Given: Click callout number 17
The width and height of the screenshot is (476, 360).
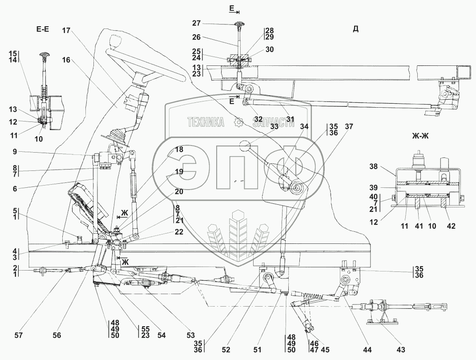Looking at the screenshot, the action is point(66,30).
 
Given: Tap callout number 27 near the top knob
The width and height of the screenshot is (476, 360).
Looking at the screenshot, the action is point(197,23).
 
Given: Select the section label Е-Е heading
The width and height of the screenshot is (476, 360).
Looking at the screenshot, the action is point(43,29).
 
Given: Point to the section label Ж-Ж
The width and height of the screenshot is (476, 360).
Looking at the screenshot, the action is point(420,136).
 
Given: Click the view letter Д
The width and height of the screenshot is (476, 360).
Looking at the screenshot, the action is point(355,29).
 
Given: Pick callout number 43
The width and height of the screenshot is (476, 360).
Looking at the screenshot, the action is point(401,350).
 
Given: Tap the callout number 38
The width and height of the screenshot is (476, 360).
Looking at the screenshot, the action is point(374,166).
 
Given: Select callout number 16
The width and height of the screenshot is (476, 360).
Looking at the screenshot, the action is point(66,60).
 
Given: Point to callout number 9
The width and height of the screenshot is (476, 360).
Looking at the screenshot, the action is point(15,151).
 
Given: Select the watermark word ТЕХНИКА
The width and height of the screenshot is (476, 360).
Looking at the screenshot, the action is point(206,122).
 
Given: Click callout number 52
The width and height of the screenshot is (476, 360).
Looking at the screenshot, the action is point(226,350).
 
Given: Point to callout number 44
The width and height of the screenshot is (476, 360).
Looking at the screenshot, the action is point(367,350).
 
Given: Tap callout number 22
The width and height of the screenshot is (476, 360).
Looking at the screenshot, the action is point(179,231).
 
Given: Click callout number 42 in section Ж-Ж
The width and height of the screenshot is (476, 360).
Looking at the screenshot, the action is point(451,226).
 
